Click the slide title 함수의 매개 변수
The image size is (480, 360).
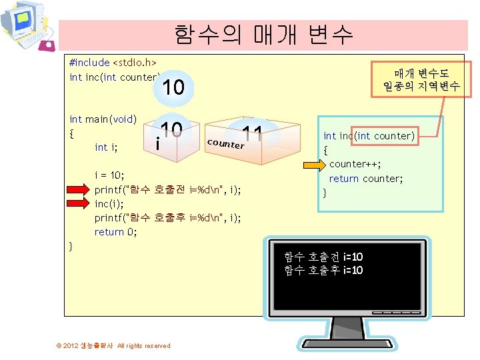[x=263, y=34]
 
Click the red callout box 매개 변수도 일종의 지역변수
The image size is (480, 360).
[x=421, y=79]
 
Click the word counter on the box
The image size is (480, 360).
[x=225, y=143]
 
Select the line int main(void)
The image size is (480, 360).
[x=103, y=119]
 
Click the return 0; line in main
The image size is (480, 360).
[x=115, y=232]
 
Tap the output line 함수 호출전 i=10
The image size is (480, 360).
[x=323, y=257]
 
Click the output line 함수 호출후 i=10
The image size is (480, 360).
[x=323, y=270]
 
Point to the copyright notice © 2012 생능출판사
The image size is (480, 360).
[x=113, y=345]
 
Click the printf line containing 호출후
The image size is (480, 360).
[x=167, y=218]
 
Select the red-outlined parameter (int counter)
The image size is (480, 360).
[x=386, y=136]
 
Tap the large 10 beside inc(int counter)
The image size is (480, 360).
[x=173, y=87]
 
